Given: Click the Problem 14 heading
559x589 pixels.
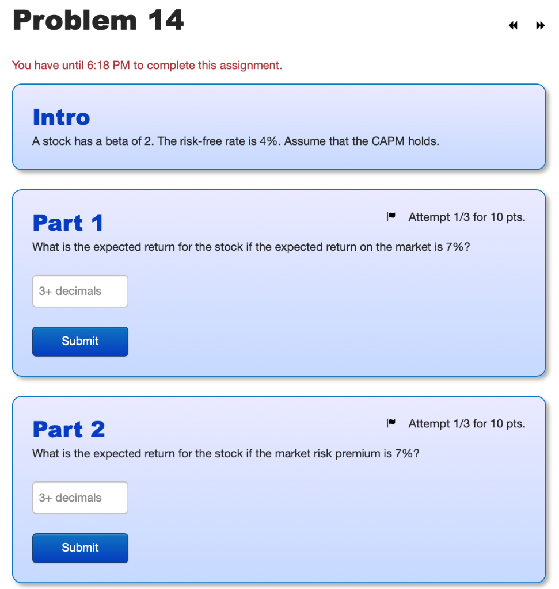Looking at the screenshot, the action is tap(98, 20).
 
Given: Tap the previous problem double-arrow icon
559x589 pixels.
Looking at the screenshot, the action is tap(513, 25).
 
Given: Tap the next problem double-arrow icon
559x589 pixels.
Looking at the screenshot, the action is tap(540, 25).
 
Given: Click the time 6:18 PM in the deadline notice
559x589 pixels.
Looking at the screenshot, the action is tap(108, 66).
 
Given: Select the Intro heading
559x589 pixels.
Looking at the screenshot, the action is tap(61, 117).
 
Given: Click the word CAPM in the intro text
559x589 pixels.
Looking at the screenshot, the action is tap(388, 141).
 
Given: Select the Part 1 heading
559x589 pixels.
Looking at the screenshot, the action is tap(68, 223).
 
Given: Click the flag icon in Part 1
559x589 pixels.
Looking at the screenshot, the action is tap(391, 216).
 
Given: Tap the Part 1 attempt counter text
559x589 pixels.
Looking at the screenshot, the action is tap(467, 217).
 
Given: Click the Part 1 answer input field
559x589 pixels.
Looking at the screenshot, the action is tap(80, 291).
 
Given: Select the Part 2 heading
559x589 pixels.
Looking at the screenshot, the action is tap(69, 429).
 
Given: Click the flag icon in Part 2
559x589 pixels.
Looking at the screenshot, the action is tap(391, 423).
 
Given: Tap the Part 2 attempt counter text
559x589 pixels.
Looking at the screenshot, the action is tap(467, 424).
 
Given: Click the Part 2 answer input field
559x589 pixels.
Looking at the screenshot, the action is tap(80, 498).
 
